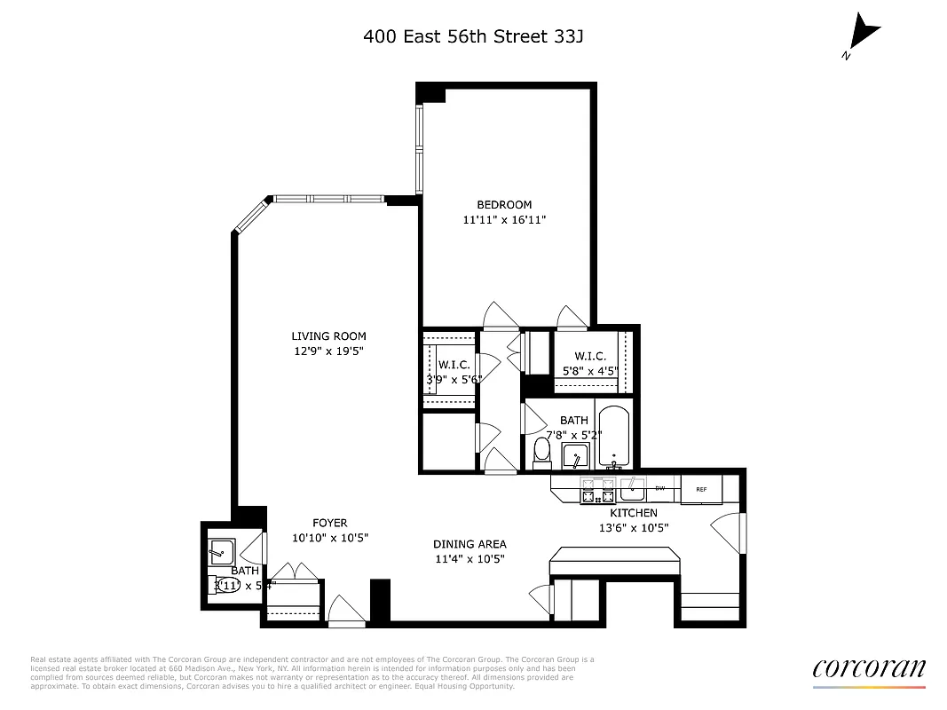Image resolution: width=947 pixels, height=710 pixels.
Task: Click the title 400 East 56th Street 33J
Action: click(473, 36)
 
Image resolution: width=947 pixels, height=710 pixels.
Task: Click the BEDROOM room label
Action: click(504, 205)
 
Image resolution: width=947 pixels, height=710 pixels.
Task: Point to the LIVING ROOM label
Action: click(328, 336)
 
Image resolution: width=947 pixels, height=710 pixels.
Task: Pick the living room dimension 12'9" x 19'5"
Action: click(328, 351)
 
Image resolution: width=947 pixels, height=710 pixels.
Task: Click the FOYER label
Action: click(329, 523)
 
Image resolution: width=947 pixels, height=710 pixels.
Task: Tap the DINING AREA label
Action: click(470, 544)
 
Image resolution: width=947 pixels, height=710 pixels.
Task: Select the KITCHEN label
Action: click(633, 513)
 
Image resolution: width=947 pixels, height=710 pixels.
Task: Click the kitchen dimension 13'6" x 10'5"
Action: click(633, 528)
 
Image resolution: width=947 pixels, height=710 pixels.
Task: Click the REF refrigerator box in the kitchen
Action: click(701, 489)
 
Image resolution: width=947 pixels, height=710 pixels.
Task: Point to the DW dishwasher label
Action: click(659, 488)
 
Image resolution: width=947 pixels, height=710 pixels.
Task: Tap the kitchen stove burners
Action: click(598, 490)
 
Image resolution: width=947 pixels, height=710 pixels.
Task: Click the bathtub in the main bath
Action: click(613, 437)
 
